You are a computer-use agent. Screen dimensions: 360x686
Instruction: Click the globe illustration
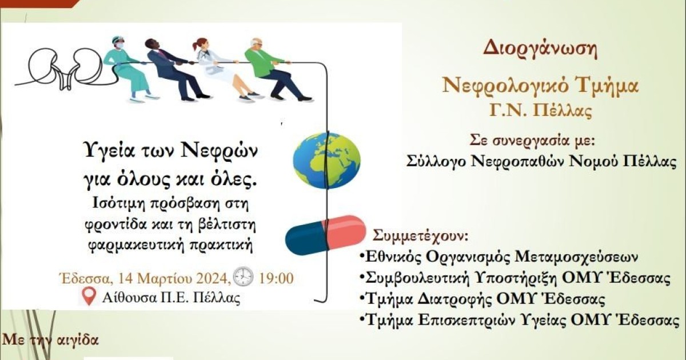point(327,160)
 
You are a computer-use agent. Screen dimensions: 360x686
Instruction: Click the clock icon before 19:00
point(243,277)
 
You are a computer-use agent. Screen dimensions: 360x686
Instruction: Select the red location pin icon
point(89,297)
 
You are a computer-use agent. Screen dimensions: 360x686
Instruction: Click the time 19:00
point(276,279)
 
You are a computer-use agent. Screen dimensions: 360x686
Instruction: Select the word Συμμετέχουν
point(420,235)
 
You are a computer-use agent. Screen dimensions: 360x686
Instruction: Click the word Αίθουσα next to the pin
point(126,297)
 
